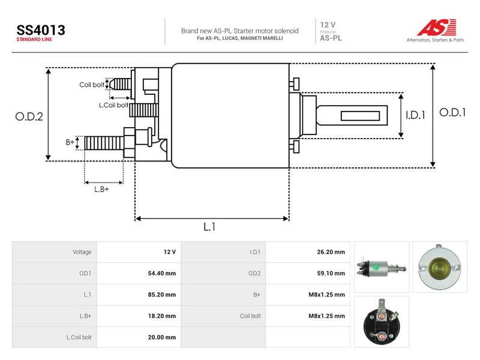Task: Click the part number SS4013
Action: (x=41, y=31)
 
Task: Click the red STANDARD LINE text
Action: (x=34, y=40)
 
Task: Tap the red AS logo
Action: (x=437, y=28)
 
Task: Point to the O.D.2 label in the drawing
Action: (x=29, y=116)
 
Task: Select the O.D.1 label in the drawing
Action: (x=452, y=112)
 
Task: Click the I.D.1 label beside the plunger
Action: (x=415, y=115)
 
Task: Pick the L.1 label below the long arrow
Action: (x=209, y=227)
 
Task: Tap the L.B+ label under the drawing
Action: (x=101, y=189)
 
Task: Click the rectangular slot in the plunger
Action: (x=361, y=116)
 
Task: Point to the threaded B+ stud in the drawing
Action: (x=104, y=143)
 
